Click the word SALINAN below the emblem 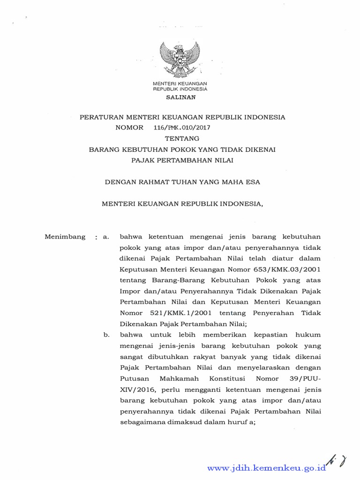tap(180, 97)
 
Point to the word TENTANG tap(182, 138)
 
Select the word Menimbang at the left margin tap(65, 237)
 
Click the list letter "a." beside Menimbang tap(106, 237)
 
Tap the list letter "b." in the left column tap(106, 335)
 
